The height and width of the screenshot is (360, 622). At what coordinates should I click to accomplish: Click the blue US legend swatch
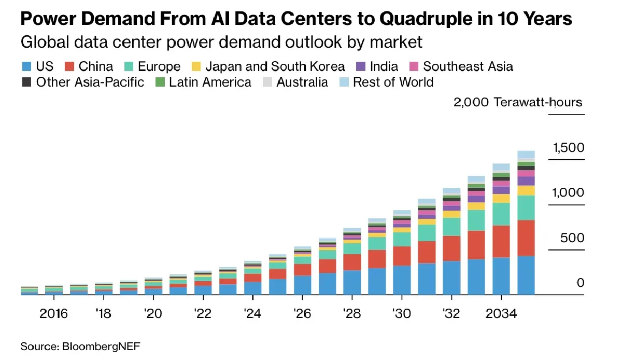coord(26,66)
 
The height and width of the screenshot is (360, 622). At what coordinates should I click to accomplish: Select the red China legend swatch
coord(69,66)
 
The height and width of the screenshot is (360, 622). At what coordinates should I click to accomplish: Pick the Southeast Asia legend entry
coord(468,66)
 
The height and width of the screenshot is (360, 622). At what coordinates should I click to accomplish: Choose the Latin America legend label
coord(210,82)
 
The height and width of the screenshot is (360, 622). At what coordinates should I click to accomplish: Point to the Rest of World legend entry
coord(393,82)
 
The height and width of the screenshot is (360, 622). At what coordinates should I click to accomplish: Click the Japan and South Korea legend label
coord(275,66)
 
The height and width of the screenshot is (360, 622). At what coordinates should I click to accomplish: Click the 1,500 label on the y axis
coord(568,148)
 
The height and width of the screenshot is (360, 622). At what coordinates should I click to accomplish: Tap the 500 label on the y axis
coord(572,239)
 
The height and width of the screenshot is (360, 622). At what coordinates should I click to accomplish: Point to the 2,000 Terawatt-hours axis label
coord(518,102)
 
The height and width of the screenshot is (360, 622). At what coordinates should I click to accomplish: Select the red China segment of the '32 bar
coord(451,248)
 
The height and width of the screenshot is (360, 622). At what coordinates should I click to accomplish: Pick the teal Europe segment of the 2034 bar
coord(501,214)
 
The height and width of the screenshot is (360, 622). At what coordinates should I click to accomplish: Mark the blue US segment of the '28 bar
coord(352,282)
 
